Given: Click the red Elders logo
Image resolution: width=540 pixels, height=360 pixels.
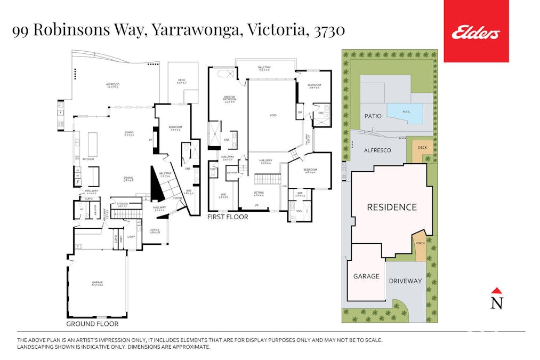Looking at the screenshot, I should pos(476,31).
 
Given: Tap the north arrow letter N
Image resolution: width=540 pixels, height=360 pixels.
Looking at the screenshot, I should pos(496,303).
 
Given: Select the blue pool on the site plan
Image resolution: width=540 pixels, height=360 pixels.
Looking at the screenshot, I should pos(405,113).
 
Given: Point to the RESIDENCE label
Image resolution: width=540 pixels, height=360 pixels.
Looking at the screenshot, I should pos(392,207).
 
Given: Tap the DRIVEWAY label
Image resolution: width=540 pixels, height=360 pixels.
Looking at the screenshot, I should pos(405,281).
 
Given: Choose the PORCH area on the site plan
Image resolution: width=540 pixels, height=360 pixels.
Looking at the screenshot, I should pos(420,244).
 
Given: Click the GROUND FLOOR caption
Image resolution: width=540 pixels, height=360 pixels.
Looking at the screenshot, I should pos(92,324).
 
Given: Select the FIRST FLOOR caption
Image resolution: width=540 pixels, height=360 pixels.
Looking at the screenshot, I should pos(228,217).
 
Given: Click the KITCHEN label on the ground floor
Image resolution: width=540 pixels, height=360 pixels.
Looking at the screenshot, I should pos(88,159).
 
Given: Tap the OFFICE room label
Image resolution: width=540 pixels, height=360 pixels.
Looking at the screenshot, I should pos(155,230).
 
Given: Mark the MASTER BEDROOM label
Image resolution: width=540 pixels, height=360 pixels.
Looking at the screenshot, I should pos(229,99).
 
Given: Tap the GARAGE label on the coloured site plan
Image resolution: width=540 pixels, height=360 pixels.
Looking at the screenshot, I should pos(366,276).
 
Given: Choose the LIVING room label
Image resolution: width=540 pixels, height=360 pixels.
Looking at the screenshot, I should pos(128,133).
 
